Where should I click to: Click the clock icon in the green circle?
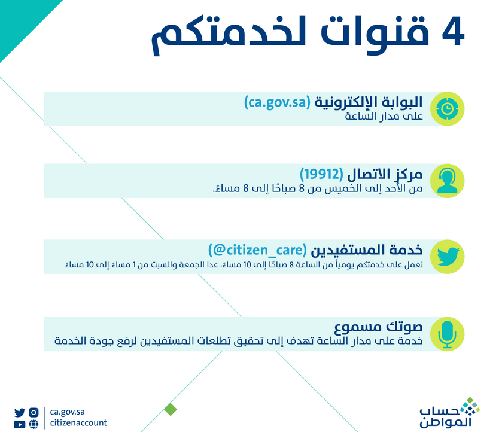click(x=445, y=108)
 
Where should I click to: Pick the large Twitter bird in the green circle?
click(x=445, y=256)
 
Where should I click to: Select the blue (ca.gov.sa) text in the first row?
click(x=276, y=102)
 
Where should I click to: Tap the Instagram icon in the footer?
click(x=34, y=412)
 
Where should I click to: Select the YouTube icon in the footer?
click(x=20, y=424)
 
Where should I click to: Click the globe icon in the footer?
click(x=34, y=424)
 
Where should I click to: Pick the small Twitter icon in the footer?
click(x=20, y=412)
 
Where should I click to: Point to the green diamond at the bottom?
click(x=171, y=409)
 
